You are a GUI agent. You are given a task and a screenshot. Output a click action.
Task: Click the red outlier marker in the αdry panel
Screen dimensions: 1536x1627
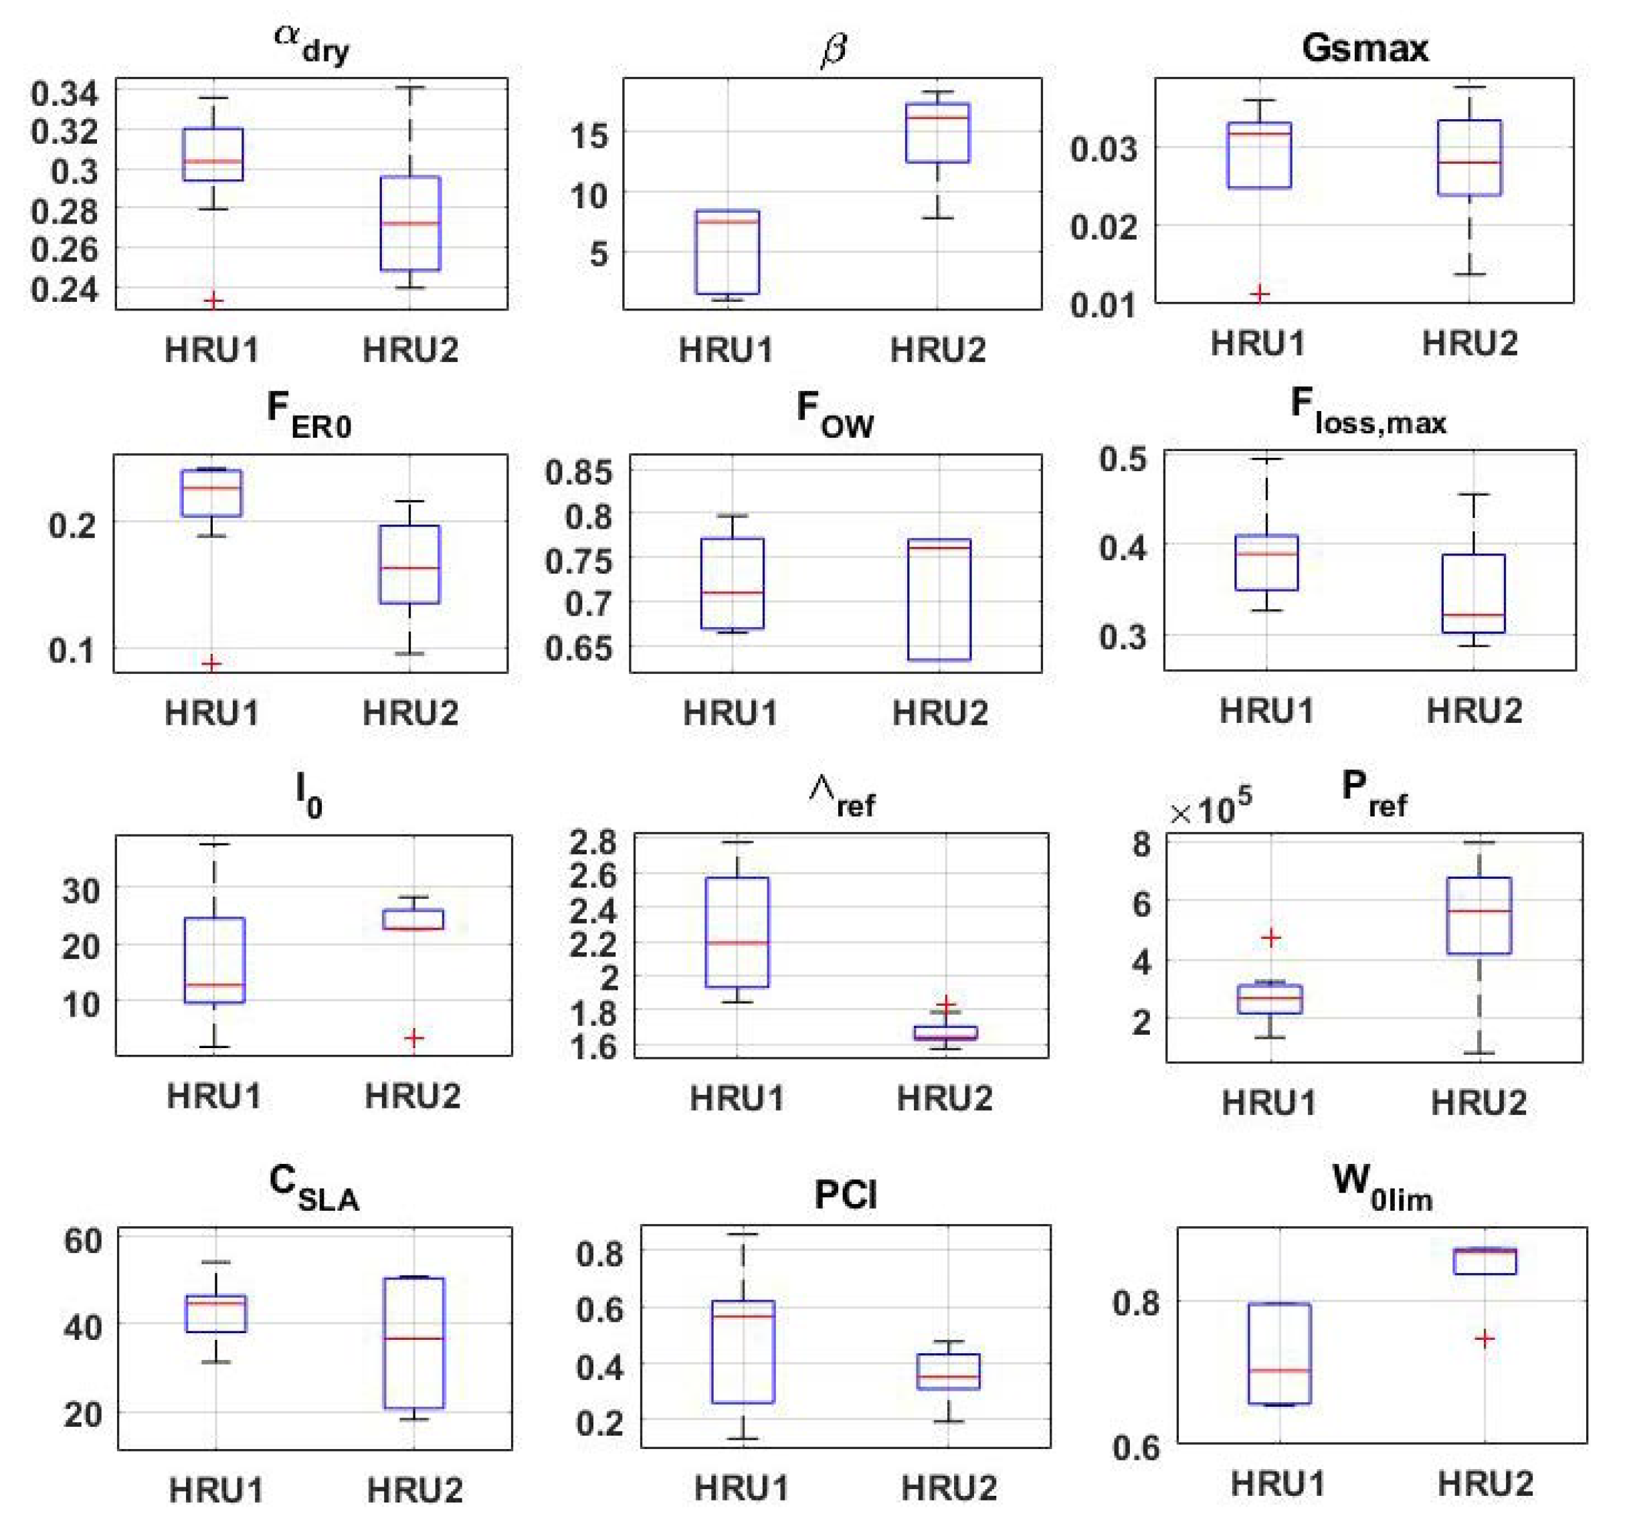point(213,301)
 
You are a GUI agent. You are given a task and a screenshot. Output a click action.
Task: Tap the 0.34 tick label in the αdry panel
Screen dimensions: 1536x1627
point(64,93)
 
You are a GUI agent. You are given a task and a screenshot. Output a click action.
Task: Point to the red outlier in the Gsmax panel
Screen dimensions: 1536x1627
point(1260,293)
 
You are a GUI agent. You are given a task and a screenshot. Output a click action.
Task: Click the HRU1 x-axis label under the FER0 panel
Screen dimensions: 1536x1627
point(211,712)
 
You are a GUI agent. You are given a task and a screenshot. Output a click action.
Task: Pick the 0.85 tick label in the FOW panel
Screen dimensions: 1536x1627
point(579,473)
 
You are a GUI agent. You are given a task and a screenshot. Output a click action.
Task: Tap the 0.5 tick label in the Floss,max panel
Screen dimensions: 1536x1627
point(1122,459)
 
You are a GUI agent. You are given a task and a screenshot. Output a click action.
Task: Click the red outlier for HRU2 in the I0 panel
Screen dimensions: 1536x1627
point(414,1038)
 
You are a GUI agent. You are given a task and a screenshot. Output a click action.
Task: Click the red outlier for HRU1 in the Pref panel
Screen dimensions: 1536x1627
point(1271,938)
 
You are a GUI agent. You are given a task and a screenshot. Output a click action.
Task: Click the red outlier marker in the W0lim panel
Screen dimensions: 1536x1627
point(1485,1339)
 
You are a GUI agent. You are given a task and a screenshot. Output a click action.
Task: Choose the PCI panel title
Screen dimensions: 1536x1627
point(846,1195)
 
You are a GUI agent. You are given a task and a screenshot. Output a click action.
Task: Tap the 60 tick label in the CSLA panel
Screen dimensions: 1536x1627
point(83,1240)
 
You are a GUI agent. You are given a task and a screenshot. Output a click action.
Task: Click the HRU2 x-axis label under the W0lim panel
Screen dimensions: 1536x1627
point(1485,1482)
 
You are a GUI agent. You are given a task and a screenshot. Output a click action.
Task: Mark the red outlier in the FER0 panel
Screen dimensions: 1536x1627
point(212,663)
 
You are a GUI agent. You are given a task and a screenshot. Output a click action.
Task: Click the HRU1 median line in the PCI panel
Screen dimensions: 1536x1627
point(743,1316)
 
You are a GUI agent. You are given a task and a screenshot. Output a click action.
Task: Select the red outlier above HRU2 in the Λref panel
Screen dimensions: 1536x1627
point(946,1004)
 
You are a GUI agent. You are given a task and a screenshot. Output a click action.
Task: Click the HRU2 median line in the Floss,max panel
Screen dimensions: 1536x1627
point(1474,615)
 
